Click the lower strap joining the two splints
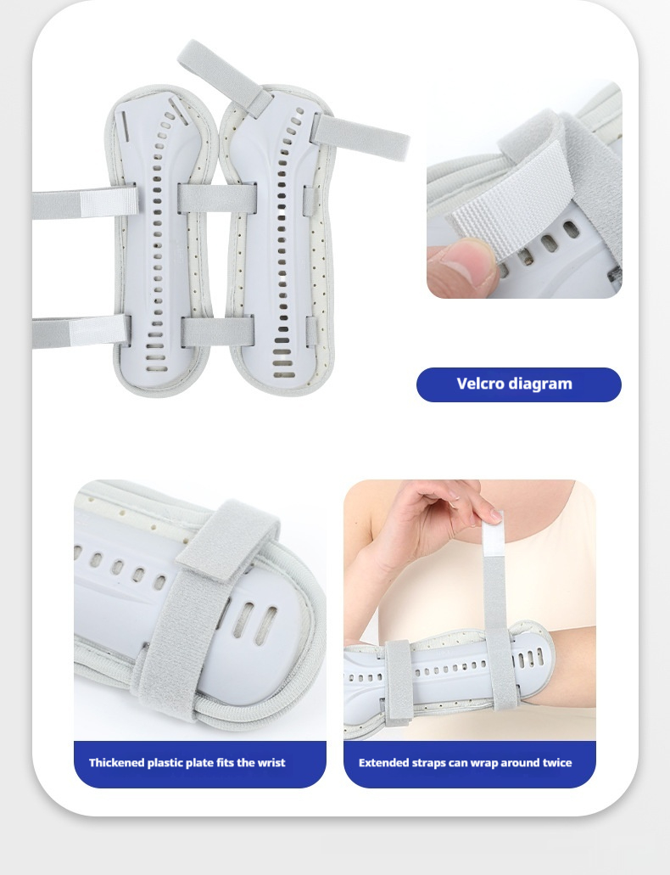coord(218,332)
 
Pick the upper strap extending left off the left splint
coord(84,203)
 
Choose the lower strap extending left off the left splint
coord(81,333)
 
